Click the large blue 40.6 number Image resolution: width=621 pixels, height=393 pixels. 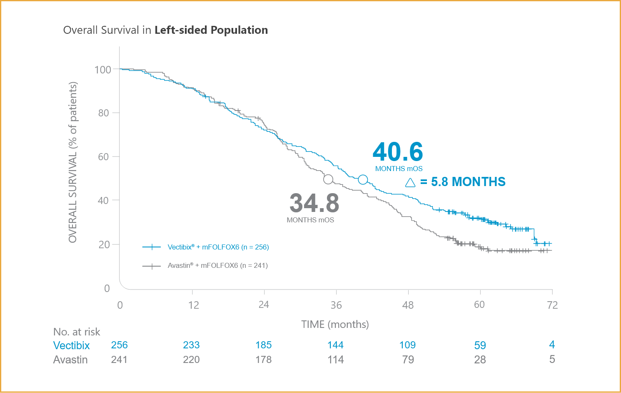[x=398, y=151]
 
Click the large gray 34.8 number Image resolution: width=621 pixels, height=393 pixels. [x=314, y=203]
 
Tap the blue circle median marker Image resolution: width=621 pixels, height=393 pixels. [x=363, y=179]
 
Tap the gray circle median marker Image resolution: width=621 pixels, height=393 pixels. [x=328, y=179]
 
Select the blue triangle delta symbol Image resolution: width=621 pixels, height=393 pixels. [x=410, y=183]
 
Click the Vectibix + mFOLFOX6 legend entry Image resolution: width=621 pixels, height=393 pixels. [x=218, y=247]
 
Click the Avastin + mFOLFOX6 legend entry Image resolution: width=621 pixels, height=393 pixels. [x=217, y=265]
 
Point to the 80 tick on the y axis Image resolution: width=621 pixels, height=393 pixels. [x=104, y=113]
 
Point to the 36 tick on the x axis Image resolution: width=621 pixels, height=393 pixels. [x=336, y=305]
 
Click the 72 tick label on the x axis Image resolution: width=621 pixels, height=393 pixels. [x=552, y=305]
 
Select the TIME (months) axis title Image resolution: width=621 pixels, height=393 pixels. [x=335, y=324]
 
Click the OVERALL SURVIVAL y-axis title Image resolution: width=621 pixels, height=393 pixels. [x=73, y=162]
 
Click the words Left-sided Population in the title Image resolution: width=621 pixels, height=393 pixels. [x=211, y=30]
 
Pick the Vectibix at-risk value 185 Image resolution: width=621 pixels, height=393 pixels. [x=263, y=345]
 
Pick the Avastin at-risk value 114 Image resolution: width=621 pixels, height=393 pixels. [x=336, y=360]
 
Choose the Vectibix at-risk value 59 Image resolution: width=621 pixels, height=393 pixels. [x=480, y=345]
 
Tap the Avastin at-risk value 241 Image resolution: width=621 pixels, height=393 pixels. [x=119, y=360]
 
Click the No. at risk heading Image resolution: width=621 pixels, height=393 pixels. [x=77, y=332]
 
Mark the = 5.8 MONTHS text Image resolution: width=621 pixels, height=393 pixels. [x=463, y=182]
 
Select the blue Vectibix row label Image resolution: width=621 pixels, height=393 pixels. [x=72, y=345]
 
